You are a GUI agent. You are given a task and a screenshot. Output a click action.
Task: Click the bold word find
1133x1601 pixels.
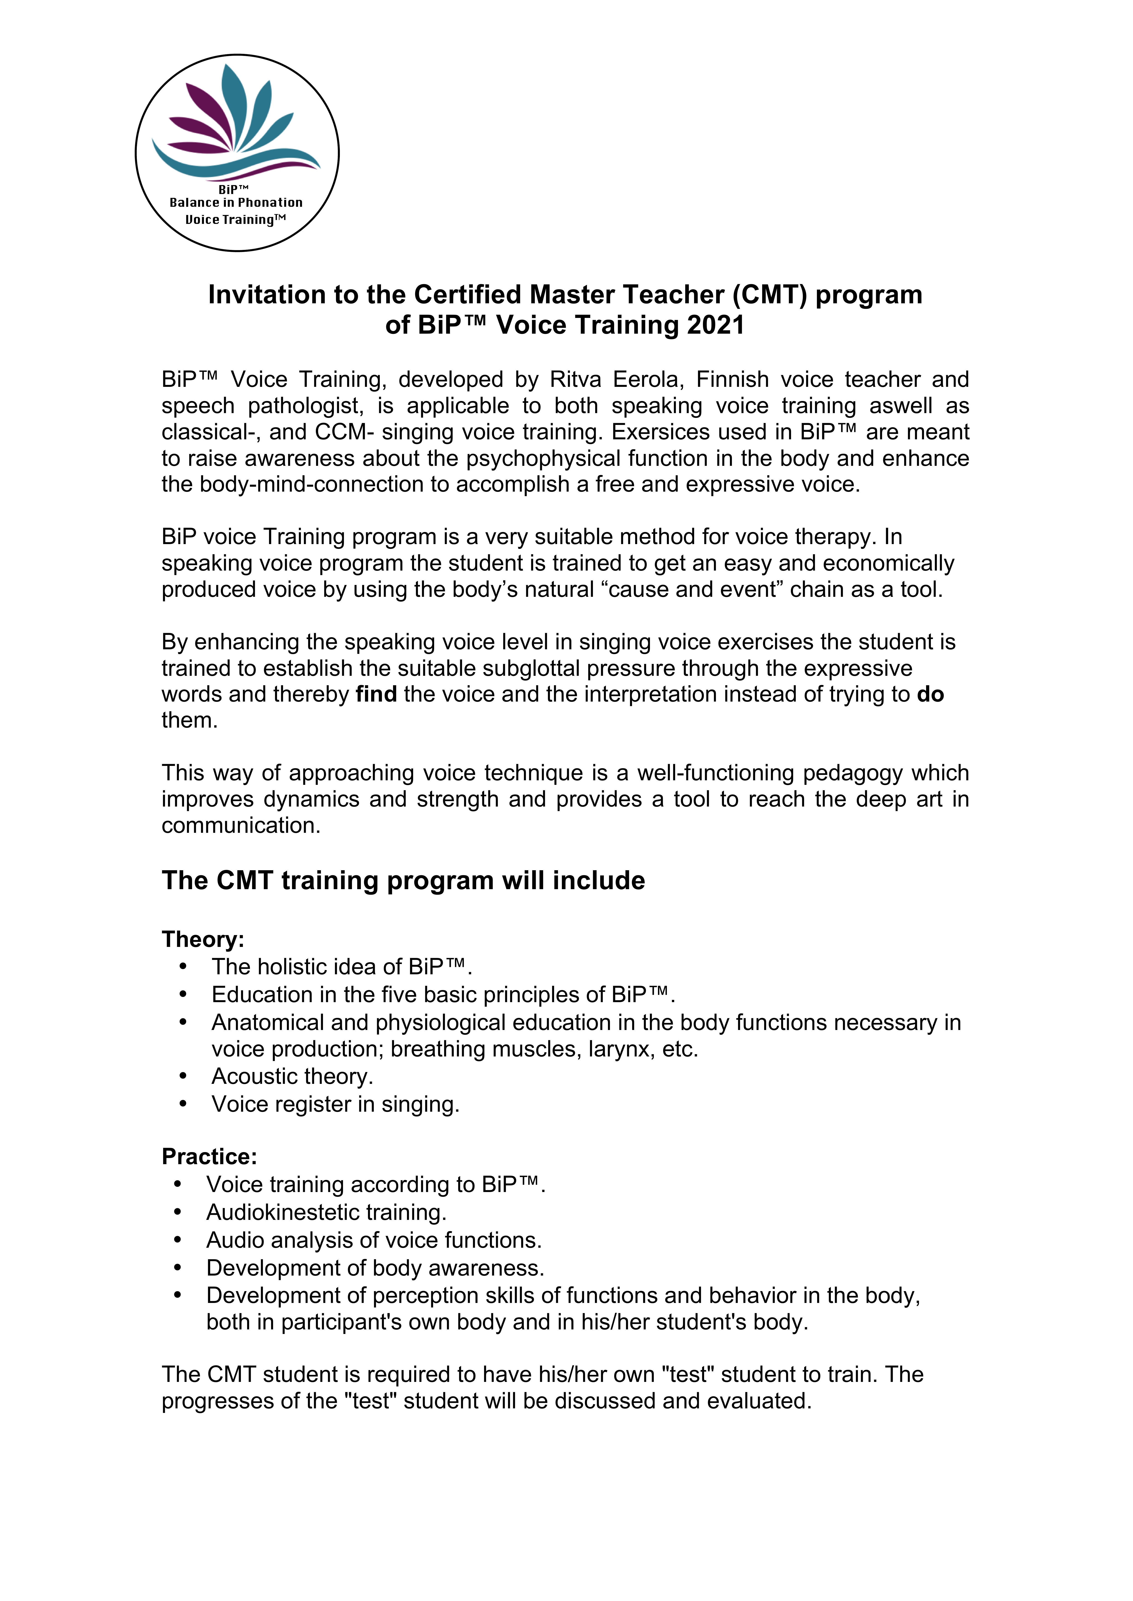point(376,694)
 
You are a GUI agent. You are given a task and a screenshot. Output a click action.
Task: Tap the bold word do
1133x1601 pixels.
point(930,694)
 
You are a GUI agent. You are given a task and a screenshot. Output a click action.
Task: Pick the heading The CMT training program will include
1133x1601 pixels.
point(403,881)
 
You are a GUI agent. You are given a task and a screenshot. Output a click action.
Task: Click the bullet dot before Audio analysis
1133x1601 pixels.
point(178,1240)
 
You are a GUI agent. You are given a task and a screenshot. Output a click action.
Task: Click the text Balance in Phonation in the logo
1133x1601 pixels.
point(236,203)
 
